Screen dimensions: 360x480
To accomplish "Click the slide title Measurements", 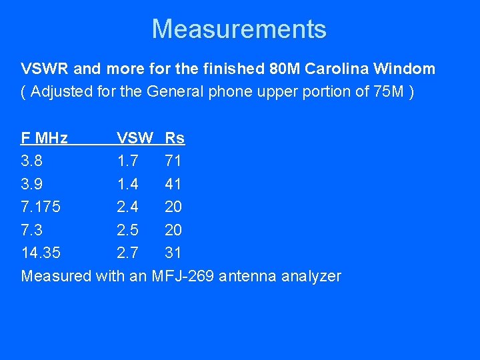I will click(239, 29).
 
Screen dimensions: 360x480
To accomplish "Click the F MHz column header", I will click(45, 139).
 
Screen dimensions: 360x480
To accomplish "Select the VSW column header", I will click(135, 139).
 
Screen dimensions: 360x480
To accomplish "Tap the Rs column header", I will click(175, 139).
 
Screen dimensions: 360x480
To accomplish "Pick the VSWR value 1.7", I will click(128, 161).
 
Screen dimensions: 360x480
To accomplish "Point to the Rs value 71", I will click(173, 161).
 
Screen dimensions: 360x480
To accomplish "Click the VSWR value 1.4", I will click(128, 184).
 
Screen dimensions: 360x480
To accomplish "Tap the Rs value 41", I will click(173, 184).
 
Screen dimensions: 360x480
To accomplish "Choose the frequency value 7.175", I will click(41, 207).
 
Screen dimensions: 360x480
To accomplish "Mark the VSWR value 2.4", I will click(128, 207).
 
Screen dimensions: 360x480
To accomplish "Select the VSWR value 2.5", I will click(128, 230).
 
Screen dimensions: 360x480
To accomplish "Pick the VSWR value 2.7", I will click(128, 253).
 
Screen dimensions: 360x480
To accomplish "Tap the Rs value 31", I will click(173, 253).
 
